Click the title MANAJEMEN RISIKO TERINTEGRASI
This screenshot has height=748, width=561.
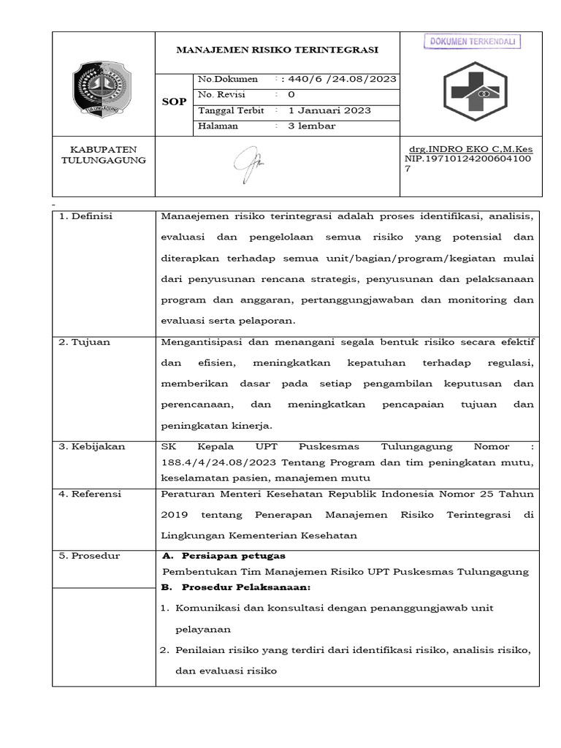pyautogui.click(x=278, y=50)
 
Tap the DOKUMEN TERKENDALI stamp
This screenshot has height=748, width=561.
pyautogui.click(x=472, y=42)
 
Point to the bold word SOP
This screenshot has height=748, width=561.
pyautogui.click(x=173, y=102)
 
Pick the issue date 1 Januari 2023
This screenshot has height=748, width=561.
pyautogui.click(x=329, y=110)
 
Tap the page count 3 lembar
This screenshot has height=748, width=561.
pyautogui.click(x=312, y=126)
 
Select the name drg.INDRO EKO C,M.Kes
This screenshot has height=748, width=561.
pyautogui.click(x=471, y=148)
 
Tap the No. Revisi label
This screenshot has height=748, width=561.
pyautogui.click(x=222, y=95)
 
